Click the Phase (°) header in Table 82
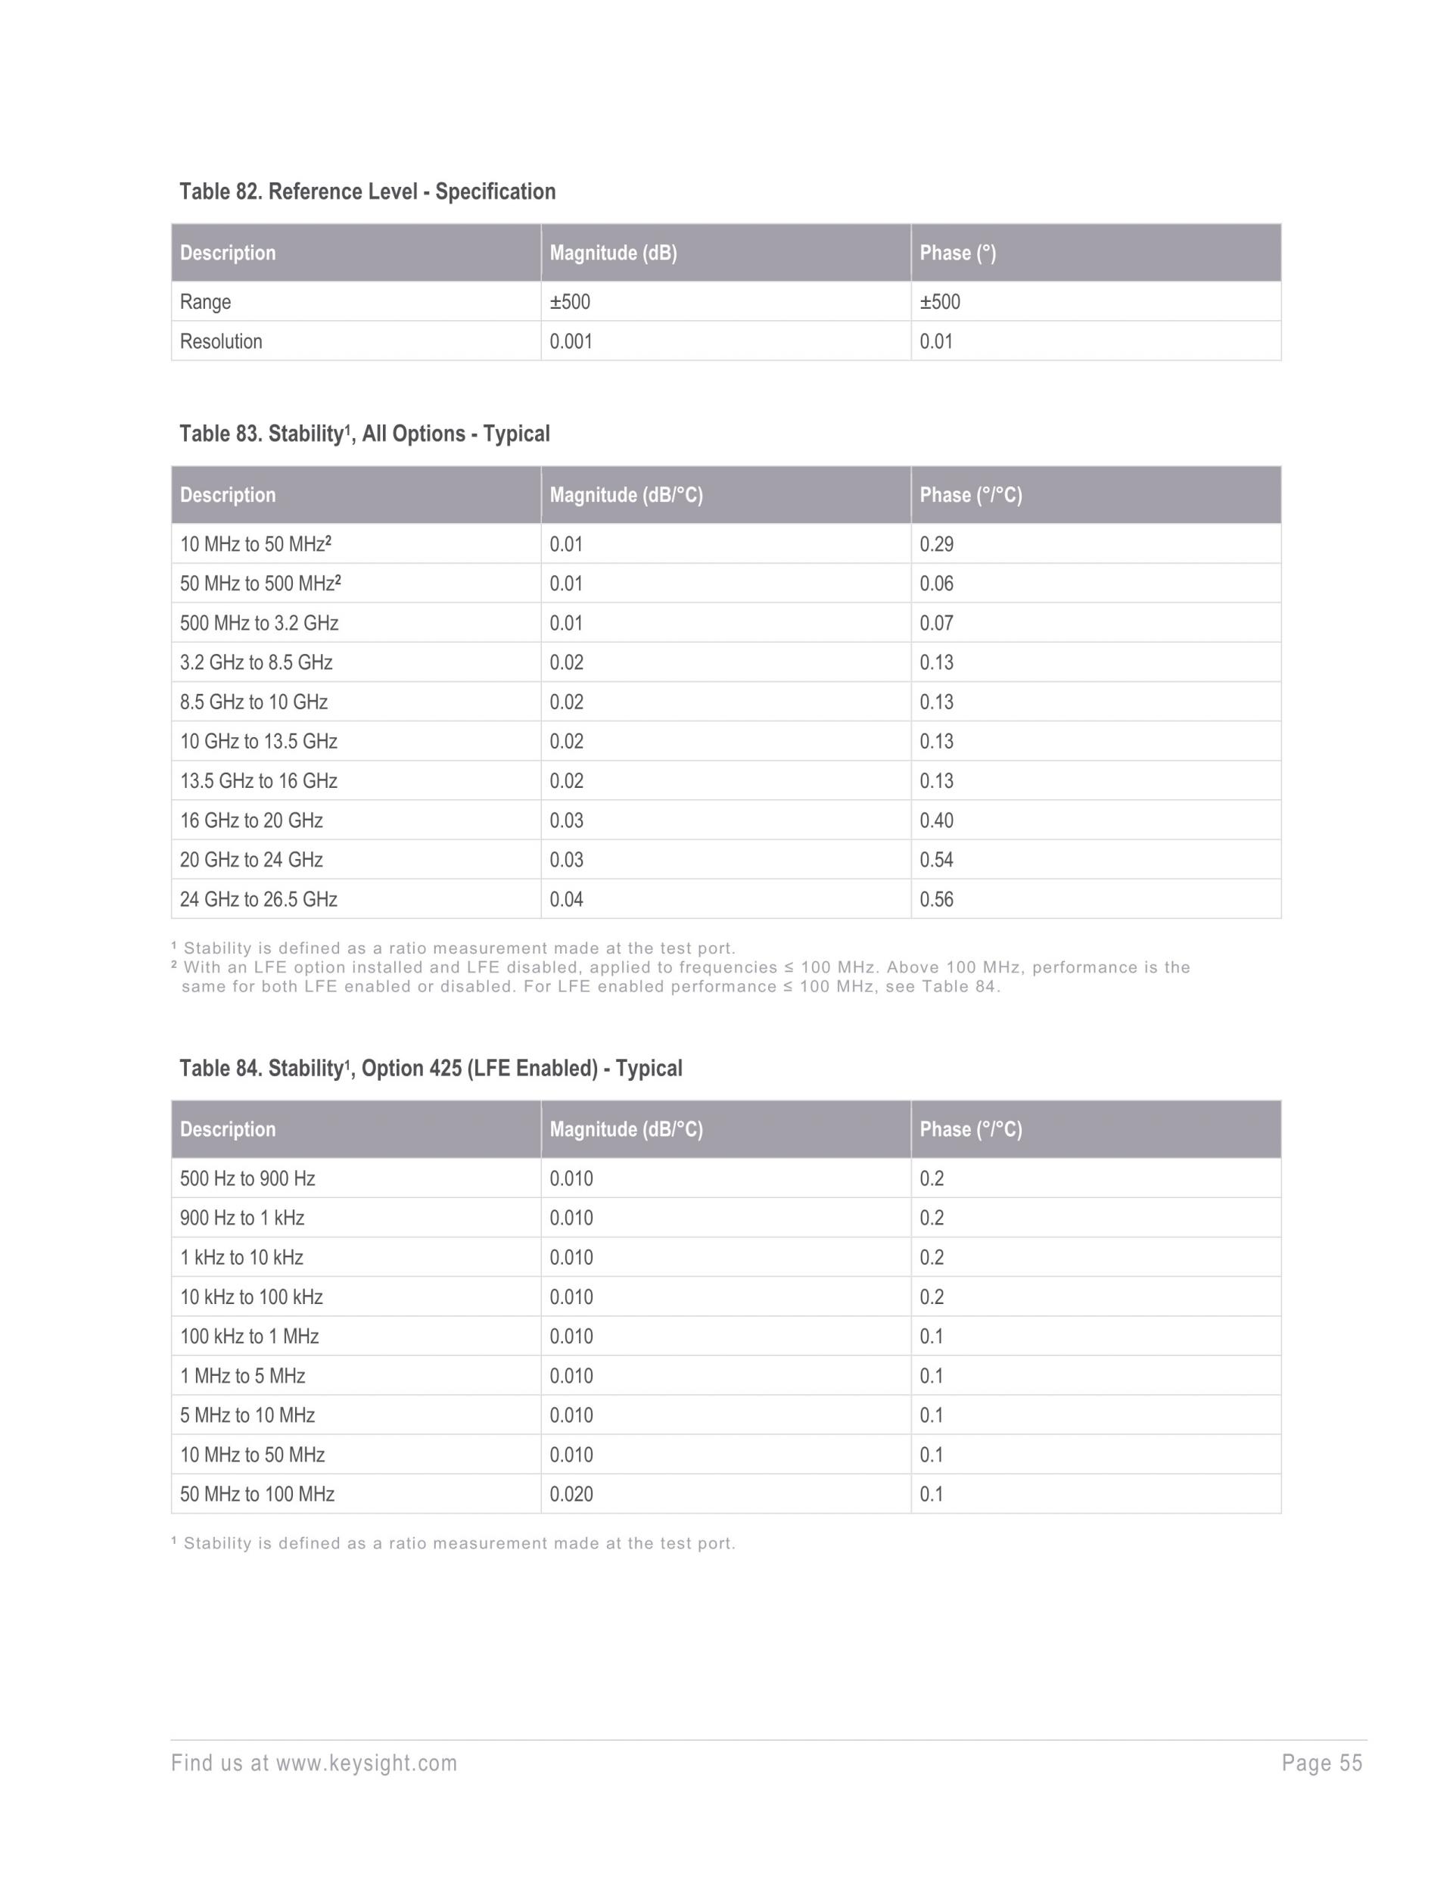point(957,253)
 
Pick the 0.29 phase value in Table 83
point(937,544)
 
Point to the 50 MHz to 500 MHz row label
point(260,584)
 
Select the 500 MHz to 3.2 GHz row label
point(259,623)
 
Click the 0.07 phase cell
point(937,623)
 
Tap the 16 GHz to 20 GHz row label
point(251,820)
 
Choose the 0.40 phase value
point(937,820)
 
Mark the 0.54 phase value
point(937,860)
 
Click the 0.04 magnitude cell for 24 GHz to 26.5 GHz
point(566,900)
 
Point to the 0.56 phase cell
point(937,900)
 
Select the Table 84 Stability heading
point(431,1068)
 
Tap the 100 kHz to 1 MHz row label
point(250,1336)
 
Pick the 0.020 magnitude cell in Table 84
point(571,1494)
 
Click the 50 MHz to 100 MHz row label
point(257,1494)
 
